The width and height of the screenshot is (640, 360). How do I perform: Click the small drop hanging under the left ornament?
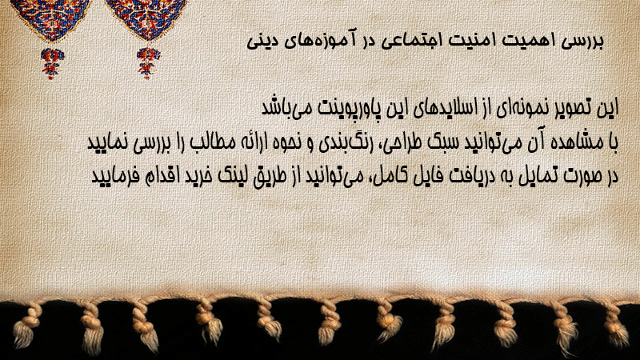click(x=52, y=63)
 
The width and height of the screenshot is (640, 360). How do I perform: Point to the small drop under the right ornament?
click(x=148, y=63)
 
